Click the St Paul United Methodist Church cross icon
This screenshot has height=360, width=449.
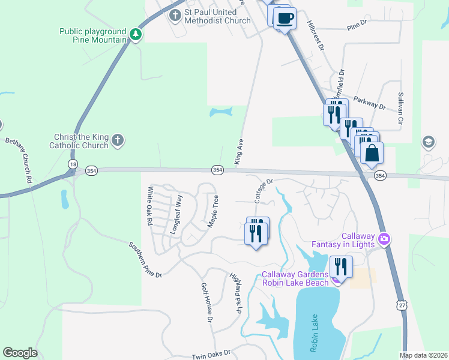click(175, 15)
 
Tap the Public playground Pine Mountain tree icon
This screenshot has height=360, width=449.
click(137, 35)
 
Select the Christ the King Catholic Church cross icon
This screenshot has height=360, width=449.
click(118, 141)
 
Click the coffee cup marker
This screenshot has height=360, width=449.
click(284, 17)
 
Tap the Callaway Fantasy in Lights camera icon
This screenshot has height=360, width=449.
click(384, 239)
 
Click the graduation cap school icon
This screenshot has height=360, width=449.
click(429, 142)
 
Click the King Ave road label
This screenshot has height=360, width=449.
click(239, 152)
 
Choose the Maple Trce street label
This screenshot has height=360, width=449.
click(212, 210)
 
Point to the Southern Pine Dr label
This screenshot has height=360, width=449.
click(146, 260)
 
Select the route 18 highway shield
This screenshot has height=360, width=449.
click(73, 163)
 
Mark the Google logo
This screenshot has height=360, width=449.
click(20, 353)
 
